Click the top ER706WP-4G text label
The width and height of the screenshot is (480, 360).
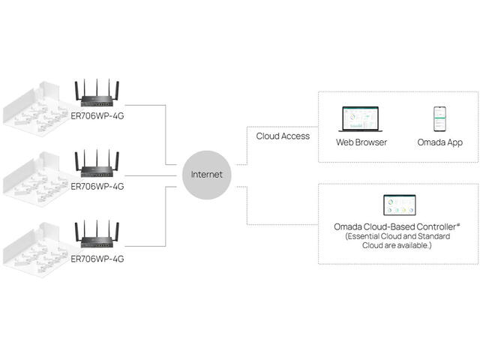tap(97, 116)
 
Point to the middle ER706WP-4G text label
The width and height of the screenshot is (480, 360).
tap(97, 187)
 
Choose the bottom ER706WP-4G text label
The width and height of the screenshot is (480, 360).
tap(97, 258)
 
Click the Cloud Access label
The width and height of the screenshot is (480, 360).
tap(283, 136)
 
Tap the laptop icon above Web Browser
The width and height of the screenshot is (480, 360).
tap(361, 121)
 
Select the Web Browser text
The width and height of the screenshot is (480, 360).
tap(361, 142)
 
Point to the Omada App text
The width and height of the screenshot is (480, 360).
tap(439, 142)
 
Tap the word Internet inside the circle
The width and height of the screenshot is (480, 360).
tap(206, 175)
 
